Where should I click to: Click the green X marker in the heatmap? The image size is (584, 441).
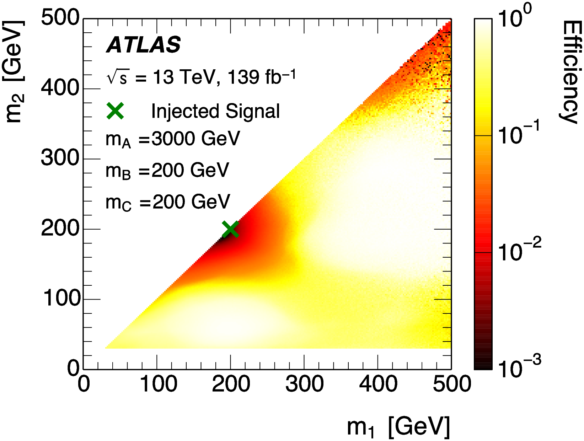[x=230, y=229]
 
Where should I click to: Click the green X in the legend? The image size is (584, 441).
[x=115, y=111]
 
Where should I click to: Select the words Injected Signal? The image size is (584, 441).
[x=215, y=111]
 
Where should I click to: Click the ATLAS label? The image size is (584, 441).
[x=144, y=45]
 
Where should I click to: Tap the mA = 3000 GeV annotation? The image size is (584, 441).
[x=173, y=139]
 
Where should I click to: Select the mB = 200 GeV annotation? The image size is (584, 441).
[x=167, y=171]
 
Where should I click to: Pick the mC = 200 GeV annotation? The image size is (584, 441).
[x=168, y=202]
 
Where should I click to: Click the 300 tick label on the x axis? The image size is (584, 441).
[x=304, y=384]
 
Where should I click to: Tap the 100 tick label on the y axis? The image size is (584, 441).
[x=62, y=298]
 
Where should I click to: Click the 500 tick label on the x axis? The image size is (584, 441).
[x=452, y=384]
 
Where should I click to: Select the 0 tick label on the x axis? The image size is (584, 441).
[x=84, y=384]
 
